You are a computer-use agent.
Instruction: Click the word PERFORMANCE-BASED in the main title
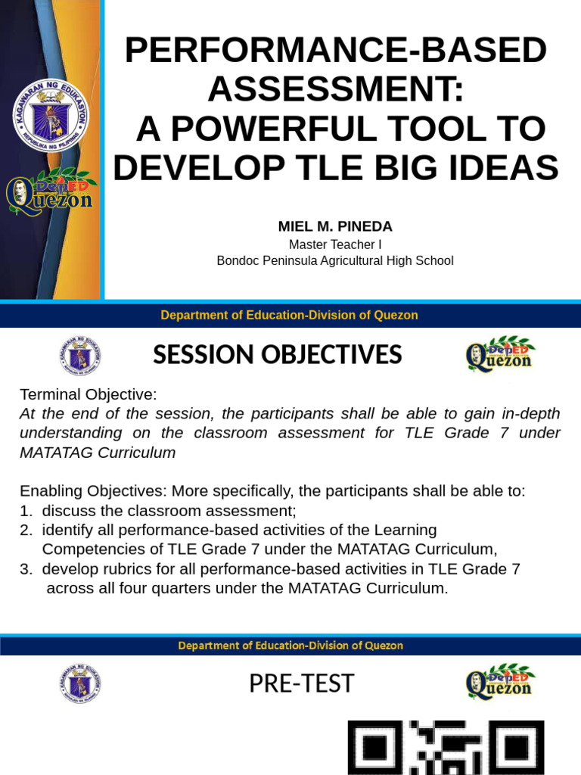tap(335, 51)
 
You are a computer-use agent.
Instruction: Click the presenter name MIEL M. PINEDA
tap(335, 227)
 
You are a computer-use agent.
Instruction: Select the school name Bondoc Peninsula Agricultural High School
tap(335, 261)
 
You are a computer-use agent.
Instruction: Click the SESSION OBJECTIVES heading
tap(278, 355)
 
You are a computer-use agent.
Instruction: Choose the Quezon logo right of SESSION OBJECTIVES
tap(500, 355)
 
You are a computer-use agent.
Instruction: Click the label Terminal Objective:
tap(88, 395)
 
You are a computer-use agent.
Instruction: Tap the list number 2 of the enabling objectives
tap(25, 530)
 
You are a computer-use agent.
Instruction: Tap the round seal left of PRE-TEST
tap(80, 683)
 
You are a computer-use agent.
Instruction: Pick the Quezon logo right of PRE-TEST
tap(500, 683)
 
